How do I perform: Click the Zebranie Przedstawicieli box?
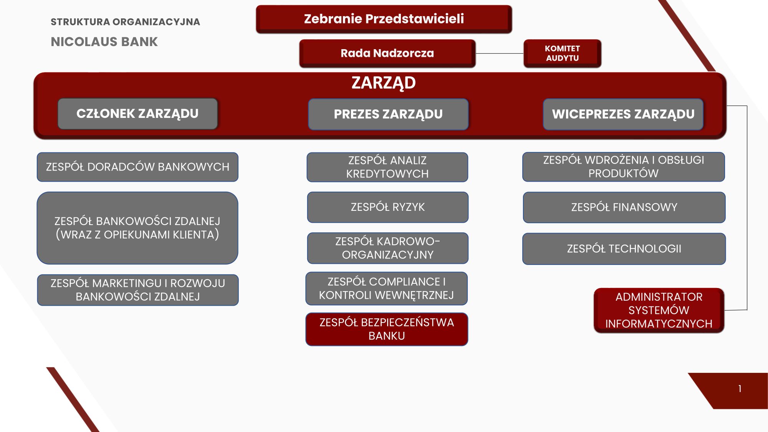pos(384,19)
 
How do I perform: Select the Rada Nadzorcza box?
pos(387,53)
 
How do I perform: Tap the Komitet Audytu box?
pos(563,53)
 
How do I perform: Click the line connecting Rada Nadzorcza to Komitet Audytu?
pos(500,53)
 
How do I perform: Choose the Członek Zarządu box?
pos(138,114)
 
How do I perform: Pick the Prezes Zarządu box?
pos(388,114)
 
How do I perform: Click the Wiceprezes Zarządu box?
pos(623,114)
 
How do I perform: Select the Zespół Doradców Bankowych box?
pos(137,167)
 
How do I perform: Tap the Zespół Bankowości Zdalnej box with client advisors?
pos(137,228)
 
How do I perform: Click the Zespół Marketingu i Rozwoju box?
pos(138,290)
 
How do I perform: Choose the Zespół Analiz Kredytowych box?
pos(387,167)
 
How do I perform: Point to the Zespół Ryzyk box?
pos(388,207)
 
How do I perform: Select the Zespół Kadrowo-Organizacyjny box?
pos(388,248)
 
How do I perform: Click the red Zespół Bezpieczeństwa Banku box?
pos(387,329)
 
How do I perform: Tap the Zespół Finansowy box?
pos(624,207)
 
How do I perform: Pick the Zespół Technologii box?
pos(624,249)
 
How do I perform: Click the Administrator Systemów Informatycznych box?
pos(659,310)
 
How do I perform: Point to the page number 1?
pos(740,389)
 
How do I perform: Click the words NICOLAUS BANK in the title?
pos(104,41)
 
